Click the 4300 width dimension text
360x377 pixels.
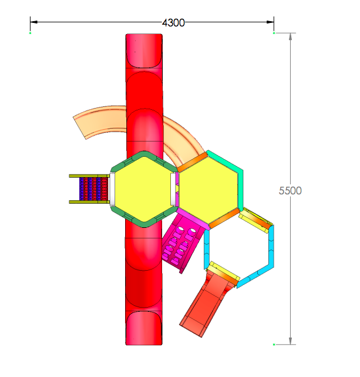tap(173, 23)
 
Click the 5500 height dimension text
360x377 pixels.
tap(290, 191)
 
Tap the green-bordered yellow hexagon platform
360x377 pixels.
tap(144, 189)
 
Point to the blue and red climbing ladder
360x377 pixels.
tap(94, 189)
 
